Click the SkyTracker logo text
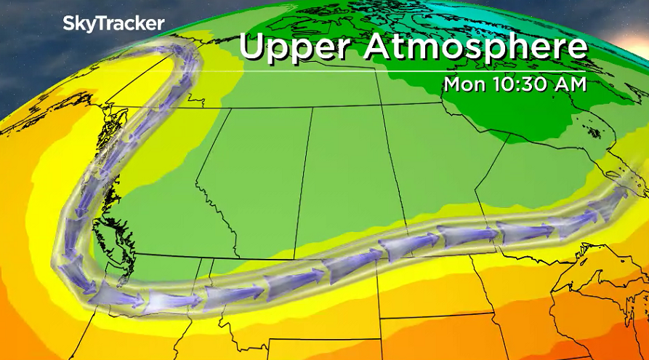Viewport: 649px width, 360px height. pyautogui.click(x=113, y=23)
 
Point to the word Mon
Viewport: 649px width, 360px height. pyautogui.click(x=461, y=84)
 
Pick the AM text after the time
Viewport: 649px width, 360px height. pyautogui.click(x=569, y=84)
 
